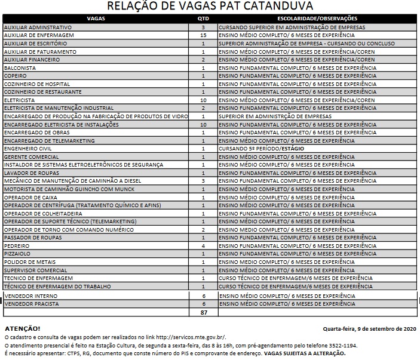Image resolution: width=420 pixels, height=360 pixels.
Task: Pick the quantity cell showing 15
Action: [x=203, y=36]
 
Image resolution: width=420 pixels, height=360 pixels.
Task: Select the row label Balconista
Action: [x=22, y=68]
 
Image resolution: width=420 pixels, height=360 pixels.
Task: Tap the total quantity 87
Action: [x=203, y=312]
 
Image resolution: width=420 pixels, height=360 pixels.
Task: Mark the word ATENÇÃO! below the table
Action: [x=23, y=329]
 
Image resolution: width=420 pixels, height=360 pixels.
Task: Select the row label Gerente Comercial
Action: [x=32, y=157]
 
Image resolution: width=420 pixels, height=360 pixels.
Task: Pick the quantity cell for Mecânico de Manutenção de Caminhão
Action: [x=203, y=181]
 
